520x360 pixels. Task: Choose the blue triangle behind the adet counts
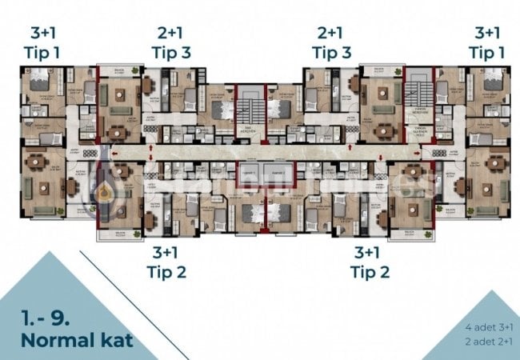(x=480, y=332)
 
